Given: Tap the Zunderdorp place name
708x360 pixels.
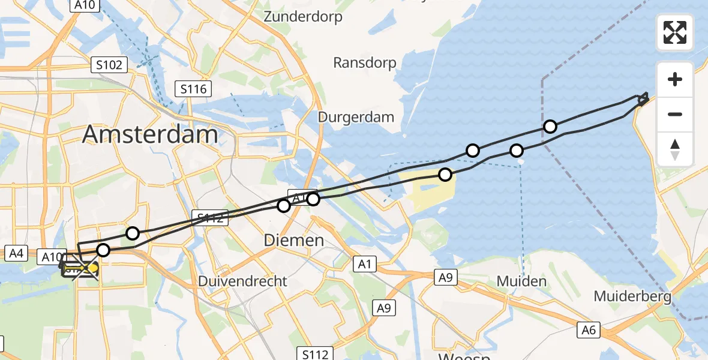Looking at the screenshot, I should [303, 17].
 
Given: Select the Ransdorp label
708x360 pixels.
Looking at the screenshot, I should [365, 62].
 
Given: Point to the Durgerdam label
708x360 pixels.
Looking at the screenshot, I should [356, 116].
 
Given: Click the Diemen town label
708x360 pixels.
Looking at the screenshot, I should [294, 241].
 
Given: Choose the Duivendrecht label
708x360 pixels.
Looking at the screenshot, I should [242, 281].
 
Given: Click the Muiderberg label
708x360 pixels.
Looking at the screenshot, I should [631, 296].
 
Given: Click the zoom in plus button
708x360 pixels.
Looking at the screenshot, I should [675, 79].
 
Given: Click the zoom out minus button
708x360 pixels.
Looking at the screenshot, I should [675, 114].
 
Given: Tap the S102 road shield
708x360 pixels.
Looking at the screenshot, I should [109, 65].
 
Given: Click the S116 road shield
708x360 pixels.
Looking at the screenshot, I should [194, 89].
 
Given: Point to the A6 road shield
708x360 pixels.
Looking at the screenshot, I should [589, 329].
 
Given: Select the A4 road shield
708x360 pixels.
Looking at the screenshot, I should [16, 253].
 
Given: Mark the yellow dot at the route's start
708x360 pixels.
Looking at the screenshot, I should [94, 268].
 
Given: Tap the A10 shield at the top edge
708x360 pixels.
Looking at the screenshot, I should [85, 5].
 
